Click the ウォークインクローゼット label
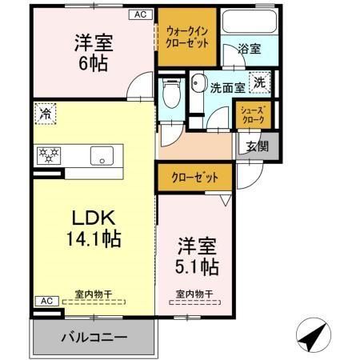point(186,37)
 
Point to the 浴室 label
point(249,50)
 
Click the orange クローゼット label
point(194,178)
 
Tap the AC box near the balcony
point(45,301)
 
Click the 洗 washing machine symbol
point(261,81)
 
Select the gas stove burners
point(48,154)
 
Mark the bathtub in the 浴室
point(250,22)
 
